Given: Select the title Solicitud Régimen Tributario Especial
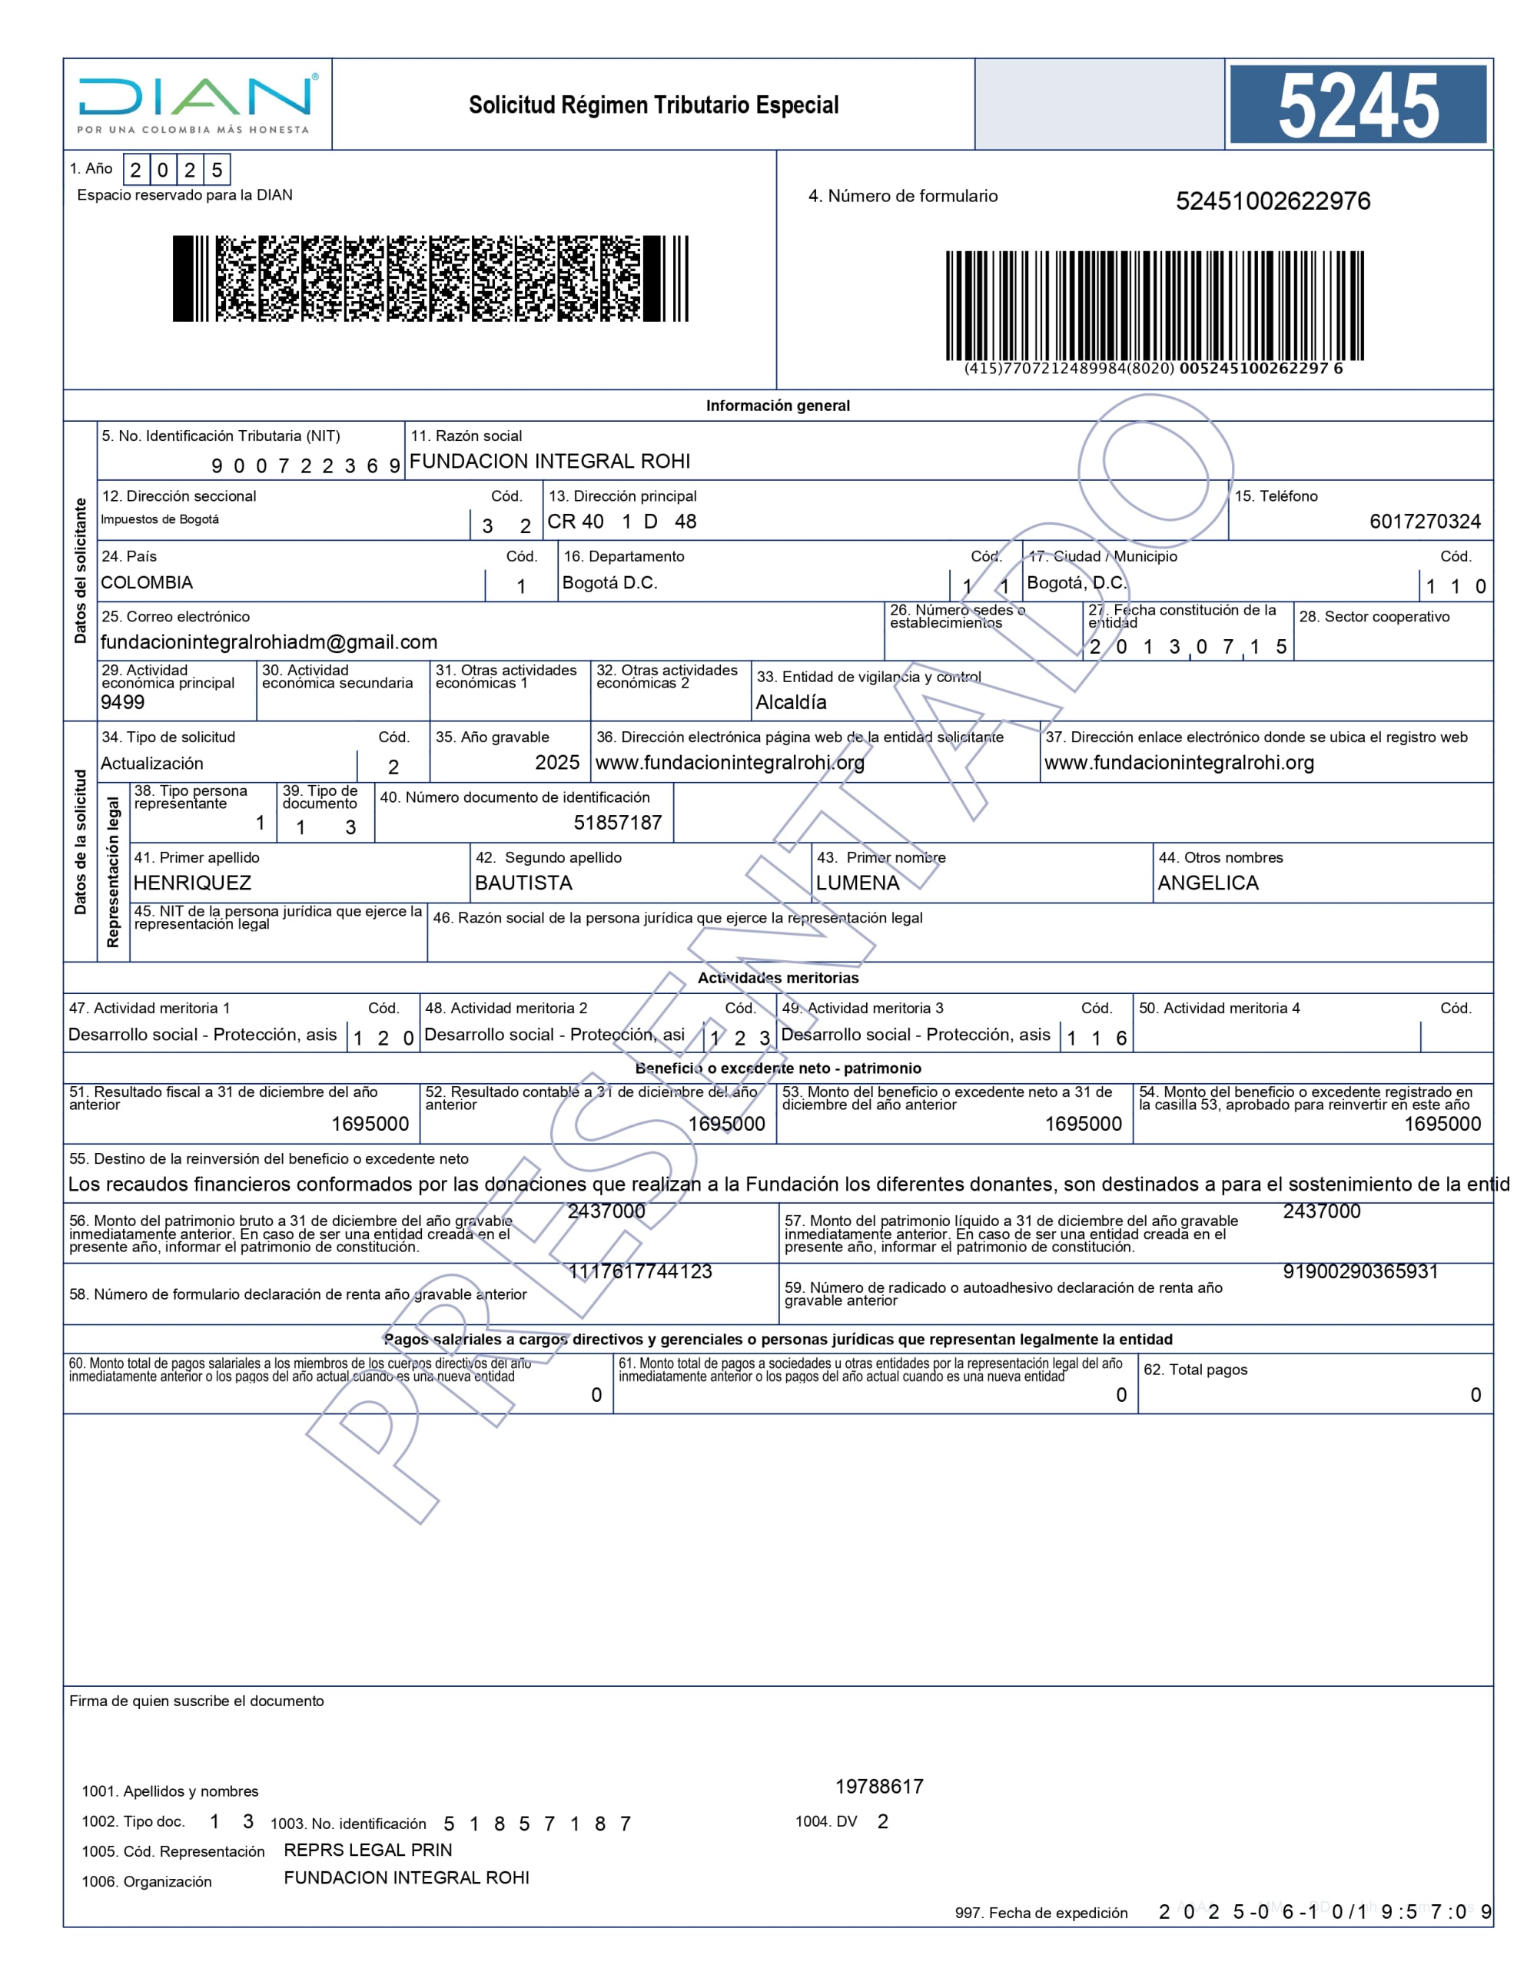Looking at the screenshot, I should click(x=653, y=105).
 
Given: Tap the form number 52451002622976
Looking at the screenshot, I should click(x=1272, y=201).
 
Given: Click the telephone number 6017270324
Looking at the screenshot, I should click(x=1424, y=522).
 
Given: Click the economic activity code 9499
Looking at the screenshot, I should click(x=123, y=702).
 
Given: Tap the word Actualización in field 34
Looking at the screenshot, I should click(x=152, y=764).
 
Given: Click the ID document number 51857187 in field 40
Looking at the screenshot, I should click(x=617, y=823).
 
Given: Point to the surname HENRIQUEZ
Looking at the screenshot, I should click(x=192, y=883).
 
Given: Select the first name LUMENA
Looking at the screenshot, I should click(x=857, y=883).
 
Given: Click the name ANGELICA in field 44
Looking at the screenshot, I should click(x=1207, y=883).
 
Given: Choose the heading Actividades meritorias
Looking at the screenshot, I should click(x=778, y=978).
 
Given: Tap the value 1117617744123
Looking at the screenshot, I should click(x=639, y=1271).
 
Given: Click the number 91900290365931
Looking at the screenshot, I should click(x=1360, y=1271).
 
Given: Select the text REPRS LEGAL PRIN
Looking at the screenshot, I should click(x=368, y=1850).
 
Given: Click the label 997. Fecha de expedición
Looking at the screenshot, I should click(x=1041, y=1913).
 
